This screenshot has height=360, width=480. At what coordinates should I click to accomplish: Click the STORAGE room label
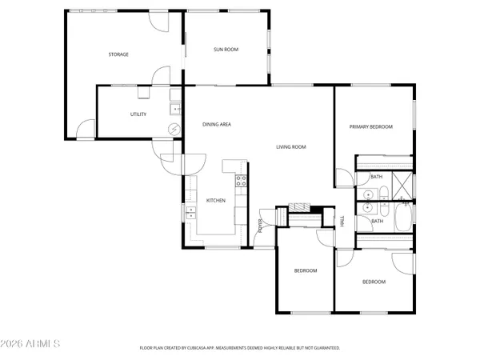118,54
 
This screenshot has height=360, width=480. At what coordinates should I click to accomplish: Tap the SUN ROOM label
226,50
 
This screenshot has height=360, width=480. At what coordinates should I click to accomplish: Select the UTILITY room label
138,114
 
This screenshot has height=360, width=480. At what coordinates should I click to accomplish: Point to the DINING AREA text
217,124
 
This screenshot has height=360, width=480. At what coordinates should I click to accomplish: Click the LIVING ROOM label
291,146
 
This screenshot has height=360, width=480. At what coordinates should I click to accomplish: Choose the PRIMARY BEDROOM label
370,126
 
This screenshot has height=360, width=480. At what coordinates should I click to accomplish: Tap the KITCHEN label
216,200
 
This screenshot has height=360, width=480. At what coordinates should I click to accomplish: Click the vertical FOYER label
261,226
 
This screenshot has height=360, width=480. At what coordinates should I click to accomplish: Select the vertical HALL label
342,222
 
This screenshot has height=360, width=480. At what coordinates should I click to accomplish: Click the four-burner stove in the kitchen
240,180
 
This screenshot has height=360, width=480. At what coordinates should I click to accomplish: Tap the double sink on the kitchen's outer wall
191,212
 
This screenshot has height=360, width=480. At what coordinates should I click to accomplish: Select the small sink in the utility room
174,109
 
